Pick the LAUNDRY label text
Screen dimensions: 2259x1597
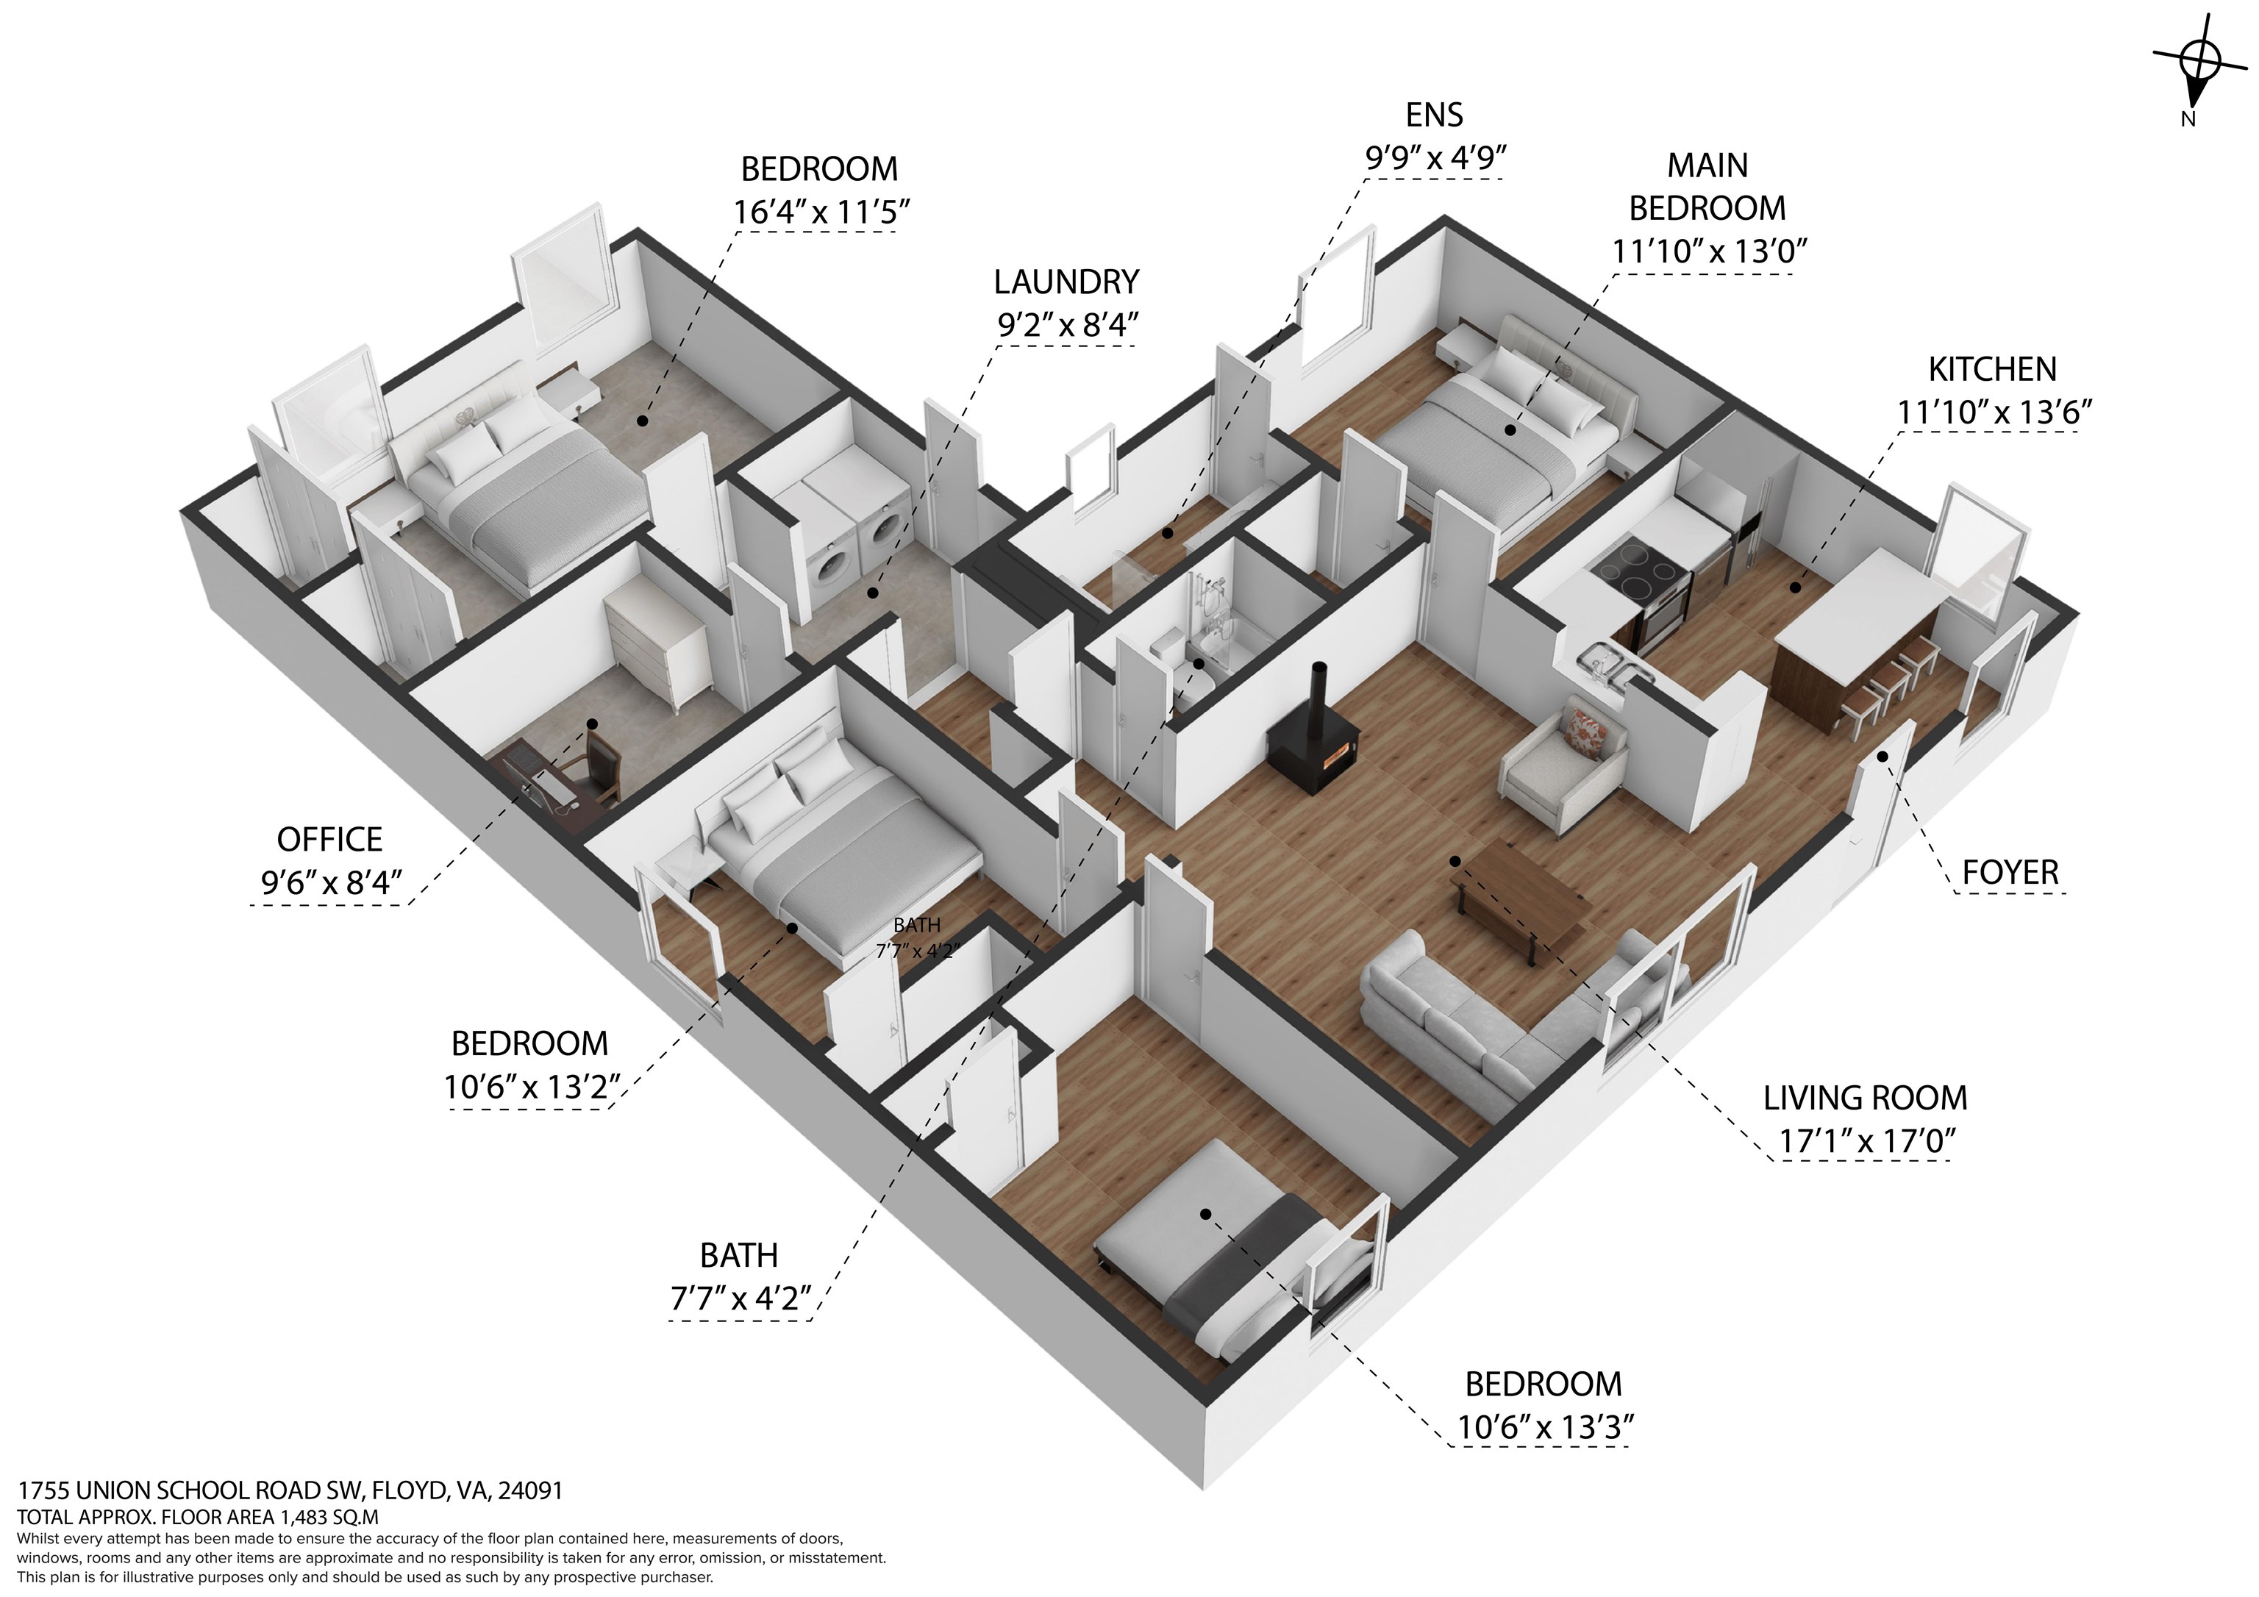(1066, 282)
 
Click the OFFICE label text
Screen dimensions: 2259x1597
(329, 840)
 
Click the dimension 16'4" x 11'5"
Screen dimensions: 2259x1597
(821, 212)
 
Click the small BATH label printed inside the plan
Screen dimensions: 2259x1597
(916, 925)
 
